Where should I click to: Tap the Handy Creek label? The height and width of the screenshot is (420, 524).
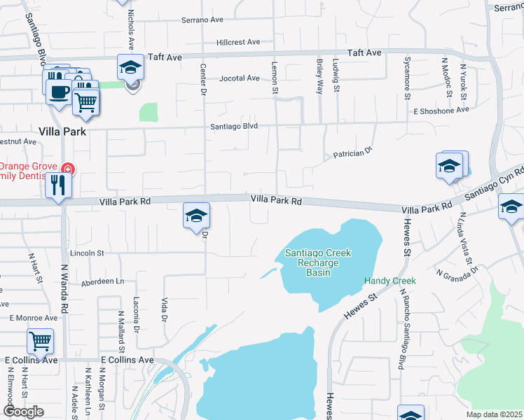[x=389, y=281]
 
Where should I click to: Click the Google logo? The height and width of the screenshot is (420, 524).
[x=23, y=412]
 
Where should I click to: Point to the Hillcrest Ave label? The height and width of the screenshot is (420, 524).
[x=239, y=42]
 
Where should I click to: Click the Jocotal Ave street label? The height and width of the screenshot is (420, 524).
[x=239, y=78]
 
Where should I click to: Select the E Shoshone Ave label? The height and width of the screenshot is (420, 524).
[x=441, y=111]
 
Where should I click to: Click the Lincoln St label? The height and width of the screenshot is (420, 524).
[x=87, y=252]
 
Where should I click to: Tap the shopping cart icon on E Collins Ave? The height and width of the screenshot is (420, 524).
[x=40, y=342]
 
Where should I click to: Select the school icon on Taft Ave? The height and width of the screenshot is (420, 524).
[x=130, y=68]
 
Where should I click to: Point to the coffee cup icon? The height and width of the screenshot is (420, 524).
[x=58, y=91]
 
